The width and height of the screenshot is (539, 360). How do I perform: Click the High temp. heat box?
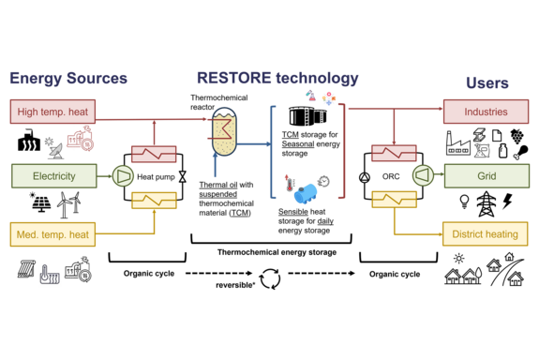(52, 112)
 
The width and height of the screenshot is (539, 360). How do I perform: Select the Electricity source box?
(53, 175)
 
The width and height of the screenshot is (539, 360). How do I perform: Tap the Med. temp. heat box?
(52, 233)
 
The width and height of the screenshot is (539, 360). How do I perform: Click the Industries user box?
(486, 112)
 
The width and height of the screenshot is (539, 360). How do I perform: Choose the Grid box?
(486, 175)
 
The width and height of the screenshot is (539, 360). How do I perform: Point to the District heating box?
(486, 233)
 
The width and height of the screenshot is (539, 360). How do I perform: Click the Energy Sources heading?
(67, 78)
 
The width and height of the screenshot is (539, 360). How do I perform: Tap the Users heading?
(487, 82)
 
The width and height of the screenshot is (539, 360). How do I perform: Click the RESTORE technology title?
(277, 78)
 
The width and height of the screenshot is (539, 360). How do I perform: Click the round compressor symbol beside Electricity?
(123, 175)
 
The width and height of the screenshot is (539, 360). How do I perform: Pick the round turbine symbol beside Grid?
(423, 175)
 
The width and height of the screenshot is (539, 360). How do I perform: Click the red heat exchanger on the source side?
(154, 153)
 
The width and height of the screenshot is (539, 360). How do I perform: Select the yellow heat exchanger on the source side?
(154, 199)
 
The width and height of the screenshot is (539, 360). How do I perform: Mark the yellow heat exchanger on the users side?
(394, 199)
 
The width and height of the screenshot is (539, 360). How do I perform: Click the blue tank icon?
(306, 194)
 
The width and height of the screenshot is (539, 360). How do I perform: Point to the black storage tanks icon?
(307, 116)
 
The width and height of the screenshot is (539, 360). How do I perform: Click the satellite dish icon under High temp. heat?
(54, 147)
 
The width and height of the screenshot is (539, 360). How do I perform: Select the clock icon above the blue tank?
(323, 180)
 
